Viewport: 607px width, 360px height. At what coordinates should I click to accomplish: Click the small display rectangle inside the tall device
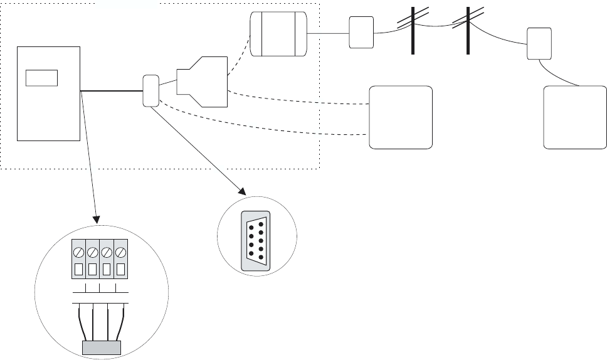click(41, 78)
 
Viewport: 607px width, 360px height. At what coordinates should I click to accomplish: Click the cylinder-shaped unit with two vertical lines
click(278, 34)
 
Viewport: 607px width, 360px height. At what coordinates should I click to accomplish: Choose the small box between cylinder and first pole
click(361, 33)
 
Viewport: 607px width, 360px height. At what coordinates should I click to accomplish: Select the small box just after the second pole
click(539, 43)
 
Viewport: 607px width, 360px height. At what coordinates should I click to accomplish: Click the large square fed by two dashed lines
click(401, 117)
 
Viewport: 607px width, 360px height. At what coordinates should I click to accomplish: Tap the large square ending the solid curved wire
click(575, 117)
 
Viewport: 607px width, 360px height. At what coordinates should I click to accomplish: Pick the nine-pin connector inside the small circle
click(256, 241)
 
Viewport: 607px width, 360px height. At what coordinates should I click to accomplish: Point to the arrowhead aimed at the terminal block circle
click(96, 220)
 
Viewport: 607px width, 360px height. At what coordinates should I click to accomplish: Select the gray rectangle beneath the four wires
click(102, 348)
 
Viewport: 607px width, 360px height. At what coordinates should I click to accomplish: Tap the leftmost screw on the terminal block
click(78, 253)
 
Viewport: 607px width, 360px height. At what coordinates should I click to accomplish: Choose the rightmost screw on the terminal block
click(121, 253)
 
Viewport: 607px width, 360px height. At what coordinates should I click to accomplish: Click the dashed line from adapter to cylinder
click(239, 59)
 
